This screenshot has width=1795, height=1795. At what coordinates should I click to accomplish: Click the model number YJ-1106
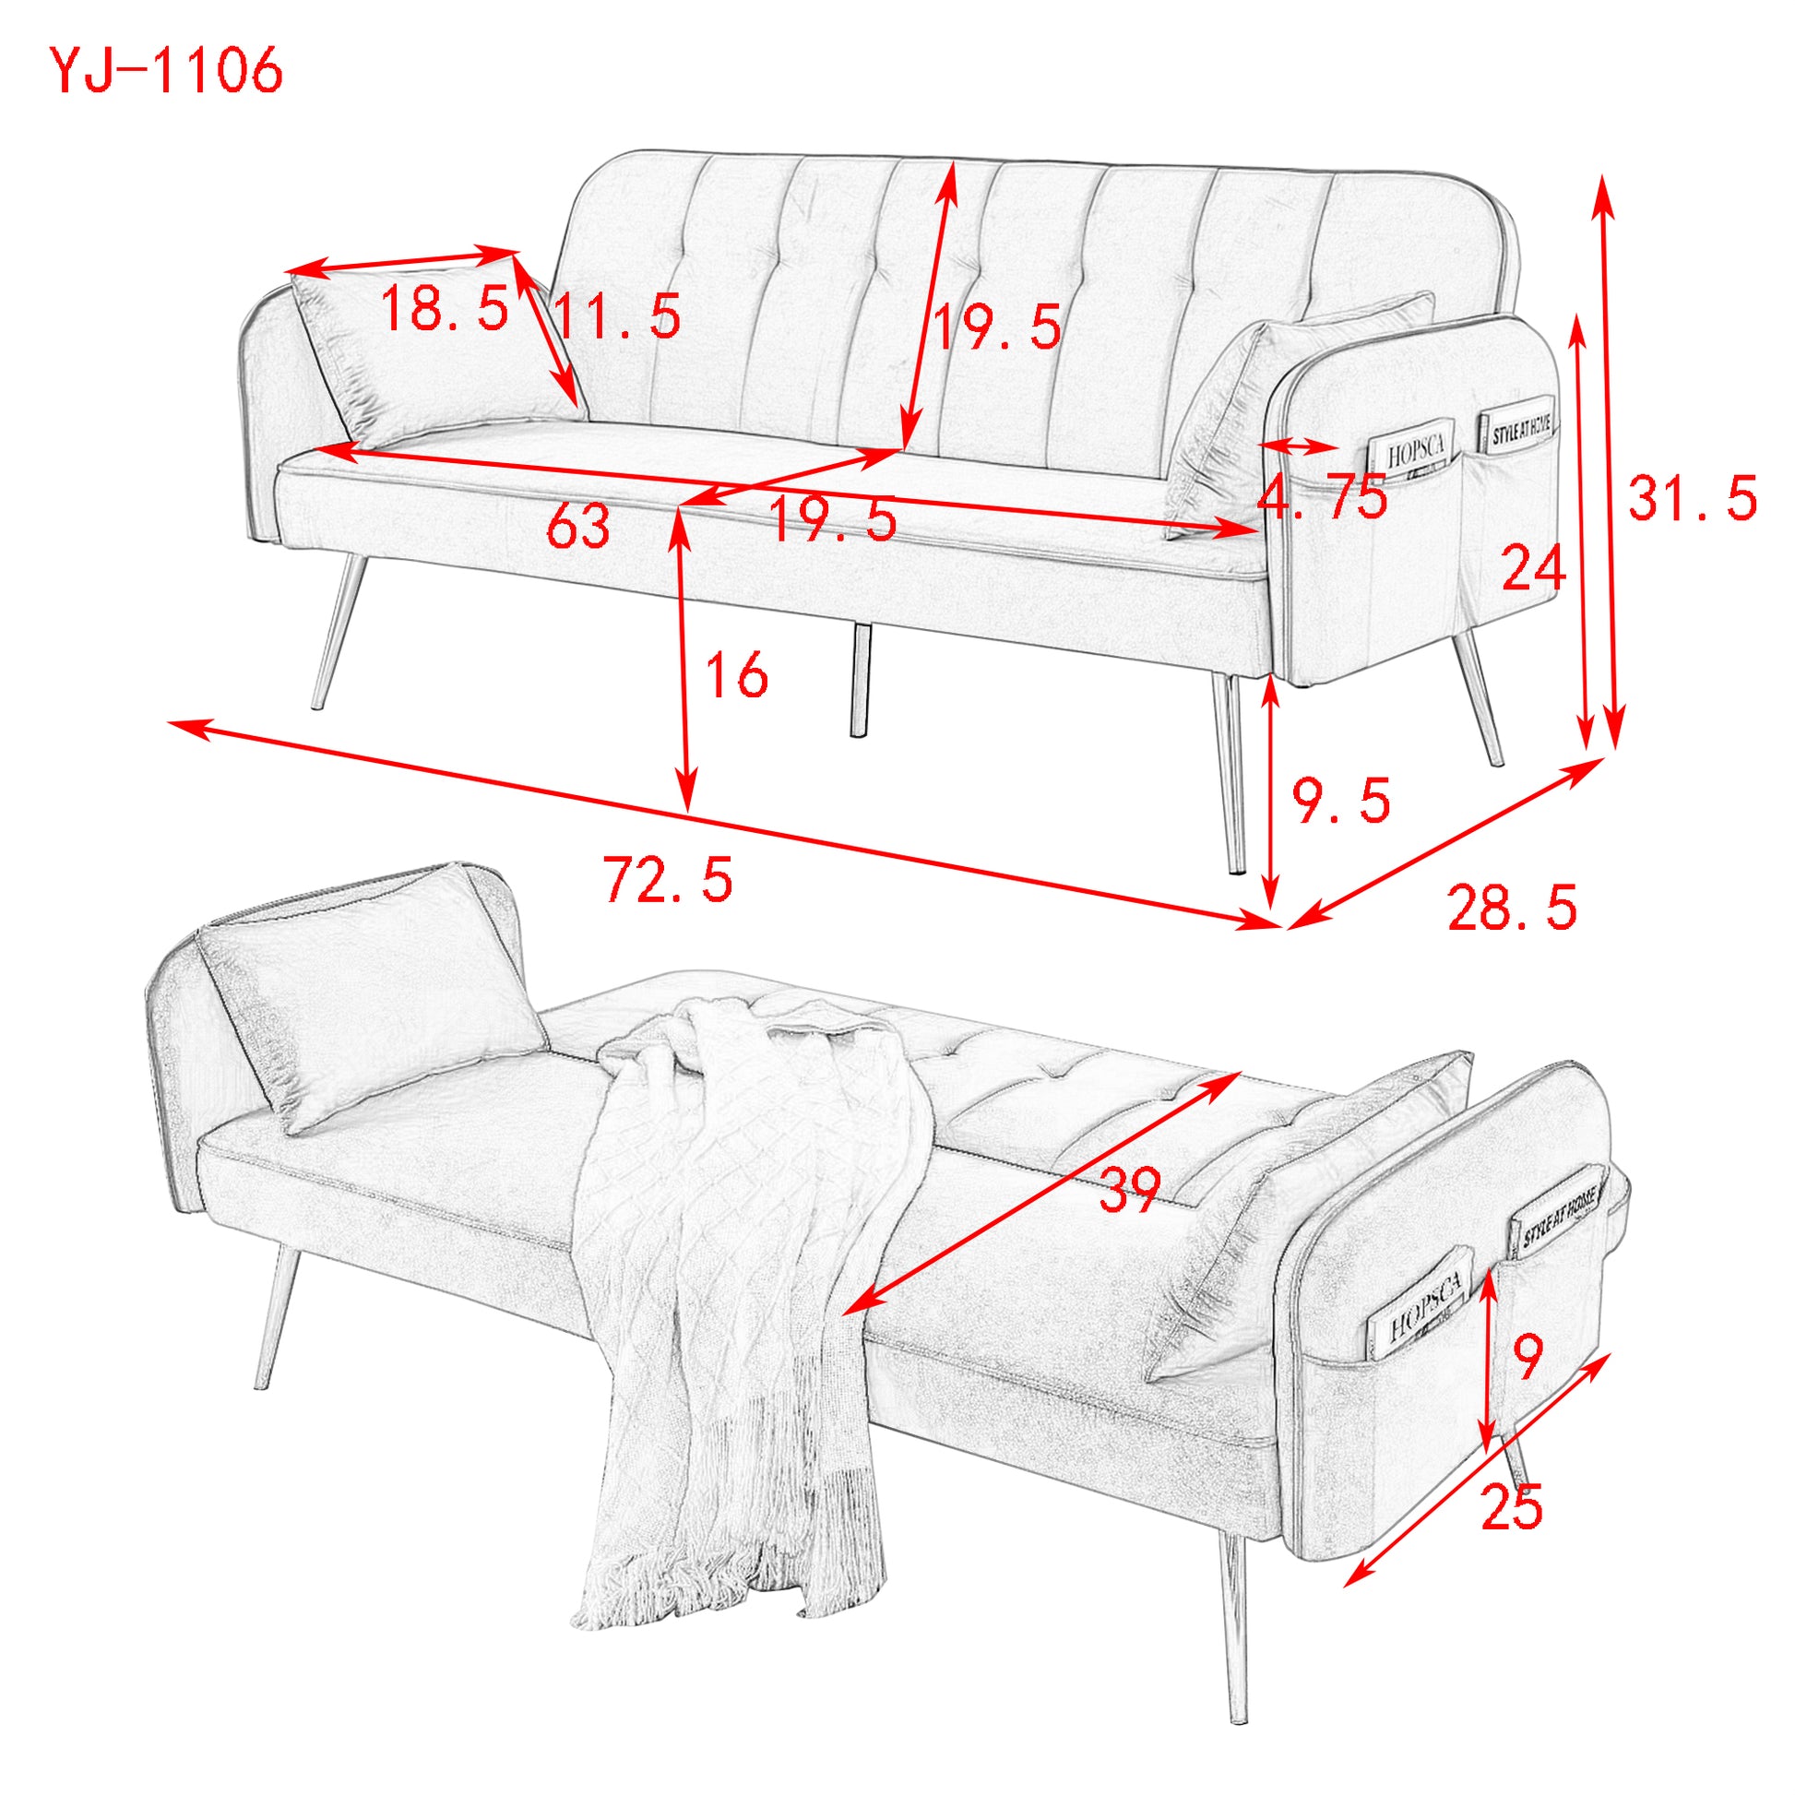point(165,72)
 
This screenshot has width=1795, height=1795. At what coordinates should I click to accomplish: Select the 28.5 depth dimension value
point(1512,908)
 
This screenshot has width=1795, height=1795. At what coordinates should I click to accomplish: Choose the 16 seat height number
point(737,674)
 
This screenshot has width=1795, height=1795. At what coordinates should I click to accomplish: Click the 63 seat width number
point(578,527)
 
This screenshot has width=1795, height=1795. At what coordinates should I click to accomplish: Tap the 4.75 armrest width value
point(1321,498)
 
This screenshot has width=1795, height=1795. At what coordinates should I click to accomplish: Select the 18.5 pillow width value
point(445,308)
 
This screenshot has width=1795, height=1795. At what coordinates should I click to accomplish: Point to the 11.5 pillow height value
point(617,316)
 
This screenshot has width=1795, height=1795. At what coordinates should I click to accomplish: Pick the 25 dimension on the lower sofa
point(1512,1506)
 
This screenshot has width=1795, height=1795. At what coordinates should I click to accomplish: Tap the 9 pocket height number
point(1528,1358)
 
